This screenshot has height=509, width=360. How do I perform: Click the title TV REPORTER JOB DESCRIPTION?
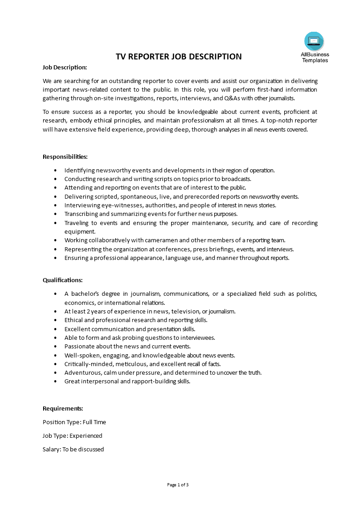pos(179,57)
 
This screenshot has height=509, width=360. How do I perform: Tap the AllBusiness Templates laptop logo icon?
pos(314,41)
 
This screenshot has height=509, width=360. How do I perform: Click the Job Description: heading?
pos(64,67)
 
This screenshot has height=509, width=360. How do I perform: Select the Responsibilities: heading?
pos(65,157)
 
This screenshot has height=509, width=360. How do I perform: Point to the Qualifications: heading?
pos(63,280)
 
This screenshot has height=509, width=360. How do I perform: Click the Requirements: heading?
pos(63,408)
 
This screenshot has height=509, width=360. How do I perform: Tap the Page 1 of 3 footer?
pos(178,485)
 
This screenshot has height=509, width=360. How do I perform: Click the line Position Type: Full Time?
pos(74,422)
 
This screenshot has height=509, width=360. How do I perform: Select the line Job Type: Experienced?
pos(73,436)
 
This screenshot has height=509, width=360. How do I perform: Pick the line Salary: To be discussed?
pos(73,449)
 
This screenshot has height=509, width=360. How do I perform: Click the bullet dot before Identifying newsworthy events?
pos(55,171)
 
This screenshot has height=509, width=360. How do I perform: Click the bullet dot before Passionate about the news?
pos(55,346)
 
